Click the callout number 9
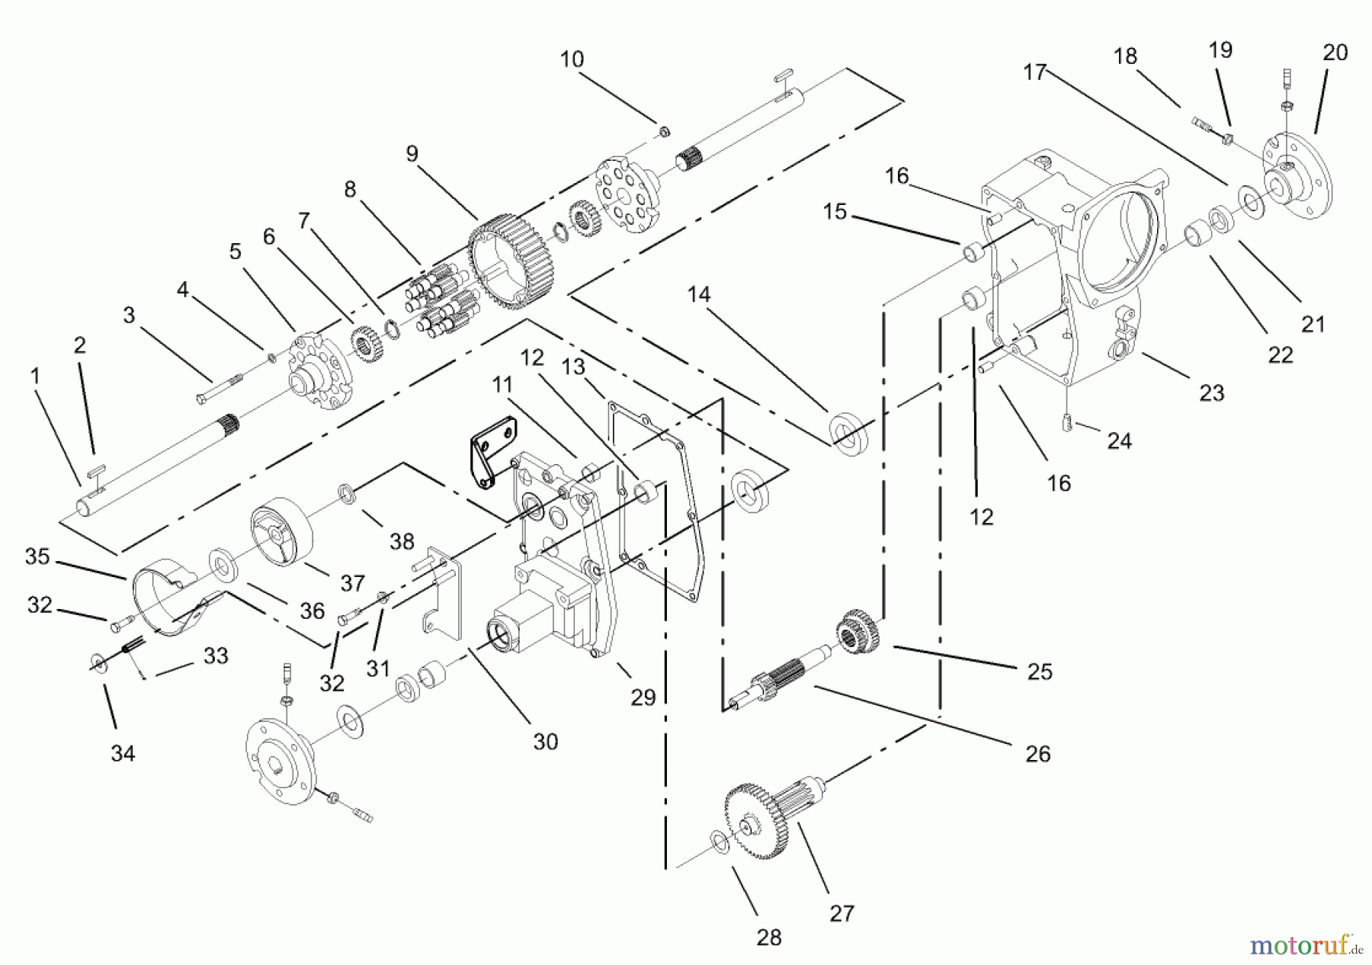point(412,154)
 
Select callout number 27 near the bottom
point(841,912)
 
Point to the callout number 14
point(699,294)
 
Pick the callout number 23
point(1211,393)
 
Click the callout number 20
point(1335,53)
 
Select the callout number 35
point(37,556)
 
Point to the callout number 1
point(34,376)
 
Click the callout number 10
point(572,59)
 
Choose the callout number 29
point(643,697)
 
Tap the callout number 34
point(123,753)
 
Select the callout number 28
point(769,937)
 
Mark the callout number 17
point(1035,72)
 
